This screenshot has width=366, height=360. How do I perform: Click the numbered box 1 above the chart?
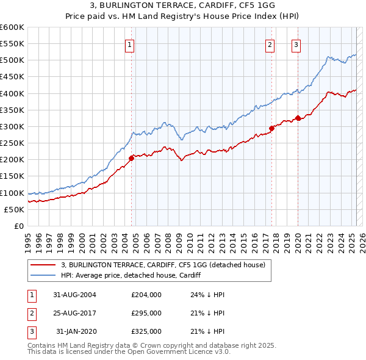click(131, 44)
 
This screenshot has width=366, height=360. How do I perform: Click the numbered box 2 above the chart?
click(270, 44)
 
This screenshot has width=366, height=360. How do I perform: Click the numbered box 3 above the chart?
click(296, 44)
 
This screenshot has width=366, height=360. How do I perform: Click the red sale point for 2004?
click(131, 158)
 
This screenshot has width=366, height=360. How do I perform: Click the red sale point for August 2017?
click(272, 128)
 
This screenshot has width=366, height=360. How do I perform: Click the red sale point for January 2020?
click(298, 118)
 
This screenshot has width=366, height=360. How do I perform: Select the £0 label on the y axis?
click(18, 226)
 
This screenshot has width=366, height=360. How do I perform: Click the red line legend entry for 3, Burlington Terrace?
click(163, 265)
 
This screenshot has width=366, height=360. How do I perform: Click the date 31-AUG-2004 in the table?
click(74, 295)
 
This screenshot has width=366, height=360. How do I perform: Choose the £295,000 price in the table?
click(146, 313)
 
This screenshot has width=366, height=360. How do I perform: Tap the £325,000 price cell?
click(146, 331)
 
